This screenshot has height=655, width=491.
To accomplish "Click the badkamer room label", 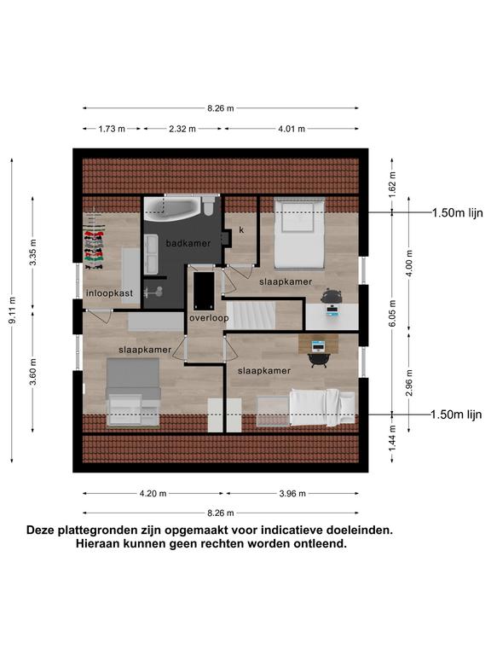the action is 188,243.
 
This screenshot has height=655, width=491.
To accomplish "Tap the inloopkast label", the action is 109,293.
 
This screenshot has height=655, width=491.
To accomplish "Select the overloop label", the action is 209,318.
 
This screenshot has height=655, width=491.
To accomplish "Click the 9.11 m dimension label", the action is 13,310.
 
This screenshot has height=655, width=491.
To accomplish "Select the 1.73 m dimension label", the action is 112,129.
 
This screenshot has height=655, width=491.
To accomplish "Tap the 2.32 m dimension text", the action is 182,129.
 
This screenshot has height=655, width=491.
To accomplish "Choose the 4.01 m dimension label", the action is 292,129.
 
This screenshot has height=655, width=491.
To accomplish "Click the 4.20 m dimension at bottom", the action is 153,494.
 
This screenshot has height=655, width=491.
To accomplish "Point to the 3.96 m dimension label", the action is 292,494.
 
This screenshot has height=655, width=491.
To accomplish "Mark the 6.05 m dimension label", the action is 392,313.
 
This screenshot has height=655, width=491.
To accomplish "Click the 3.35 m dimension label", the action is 33,252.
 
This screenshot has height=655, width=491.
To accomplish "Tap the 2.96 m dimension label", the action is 409,383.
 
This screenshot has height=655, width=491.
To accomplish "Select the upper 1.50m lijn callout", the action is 457,213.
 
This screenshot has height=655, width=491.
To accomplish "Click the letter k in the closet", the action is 241,229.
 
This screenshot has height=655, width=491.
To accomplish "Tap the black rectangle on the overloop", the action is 204,290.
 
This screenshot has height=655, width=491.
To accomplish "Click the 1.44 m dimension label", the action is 392,438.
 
